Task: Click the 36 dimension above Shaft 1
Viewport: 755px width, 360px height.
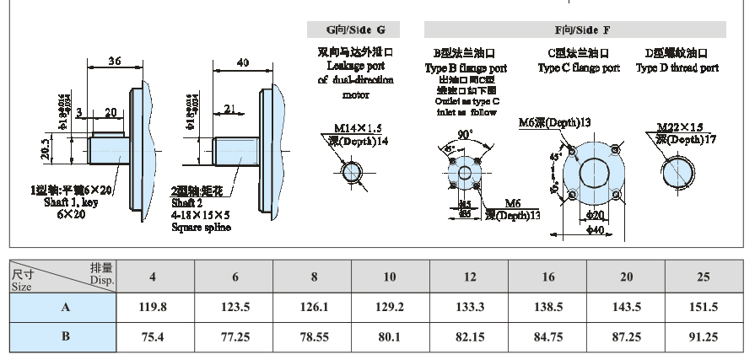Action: point(116,61)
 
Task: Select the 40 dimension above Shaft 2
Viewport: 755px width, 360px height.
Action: point(243,63)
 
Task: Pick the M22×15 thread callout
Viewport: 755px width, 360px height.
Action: point(681,127)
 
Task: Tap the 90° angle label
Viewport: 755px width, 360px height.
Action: point(465,134)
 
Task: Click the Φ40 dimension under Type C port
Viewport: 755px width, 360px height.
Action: point(595,229)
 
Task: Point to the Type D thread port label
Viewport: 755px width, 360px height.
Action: point(677,68)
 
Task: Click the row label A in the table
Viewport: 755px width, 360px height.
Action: point(64,308)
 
